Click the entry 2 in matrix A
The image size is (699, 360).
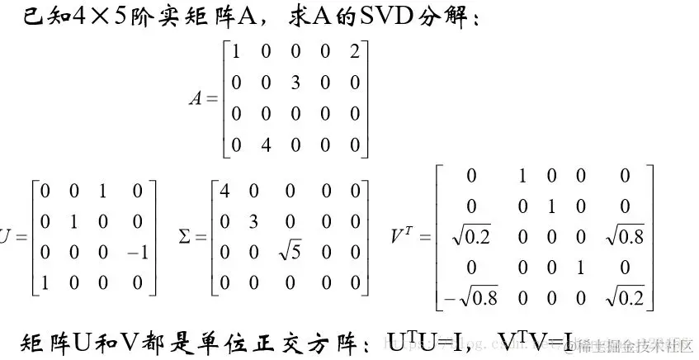click(x=356, y=51)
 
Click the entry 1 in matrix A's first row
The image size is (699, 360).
click(x=238, y=51)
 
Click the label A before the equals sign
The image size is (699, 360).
click(x=196, y=99)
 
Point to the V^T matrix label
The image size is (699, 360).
click(x=403, y=238)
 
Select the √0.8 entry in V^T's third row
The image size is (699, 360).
click(x=624, y=238)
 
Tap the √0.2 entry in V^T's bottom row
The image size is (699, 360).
click(x=624, y=298)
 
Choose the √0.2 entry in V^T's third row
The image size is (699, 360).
click(x=471, y=238)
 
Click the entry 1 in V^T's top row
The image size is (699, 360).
click(x=522, y=176)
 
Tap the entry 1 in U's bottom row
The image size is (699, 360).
click(x=45, y=283)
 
